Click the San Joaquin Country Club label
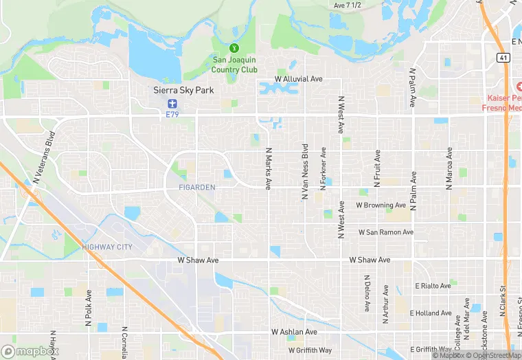234,65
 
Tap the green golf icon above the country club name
234,48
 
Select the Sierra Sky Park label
183,90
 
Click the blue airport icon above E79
172,104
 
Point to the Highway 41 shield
503,57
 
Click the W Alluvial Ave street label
299,79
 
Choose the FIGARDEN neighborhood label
196,187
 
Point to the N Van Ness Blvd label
305,172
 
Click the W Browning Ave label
381,205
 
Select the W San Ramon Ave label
386,232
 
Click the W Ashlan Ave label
294,332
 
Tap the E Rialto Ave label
433,286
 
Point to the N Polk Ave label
89,306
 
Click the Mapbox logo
30,351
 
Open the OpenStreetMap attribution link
495,355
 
